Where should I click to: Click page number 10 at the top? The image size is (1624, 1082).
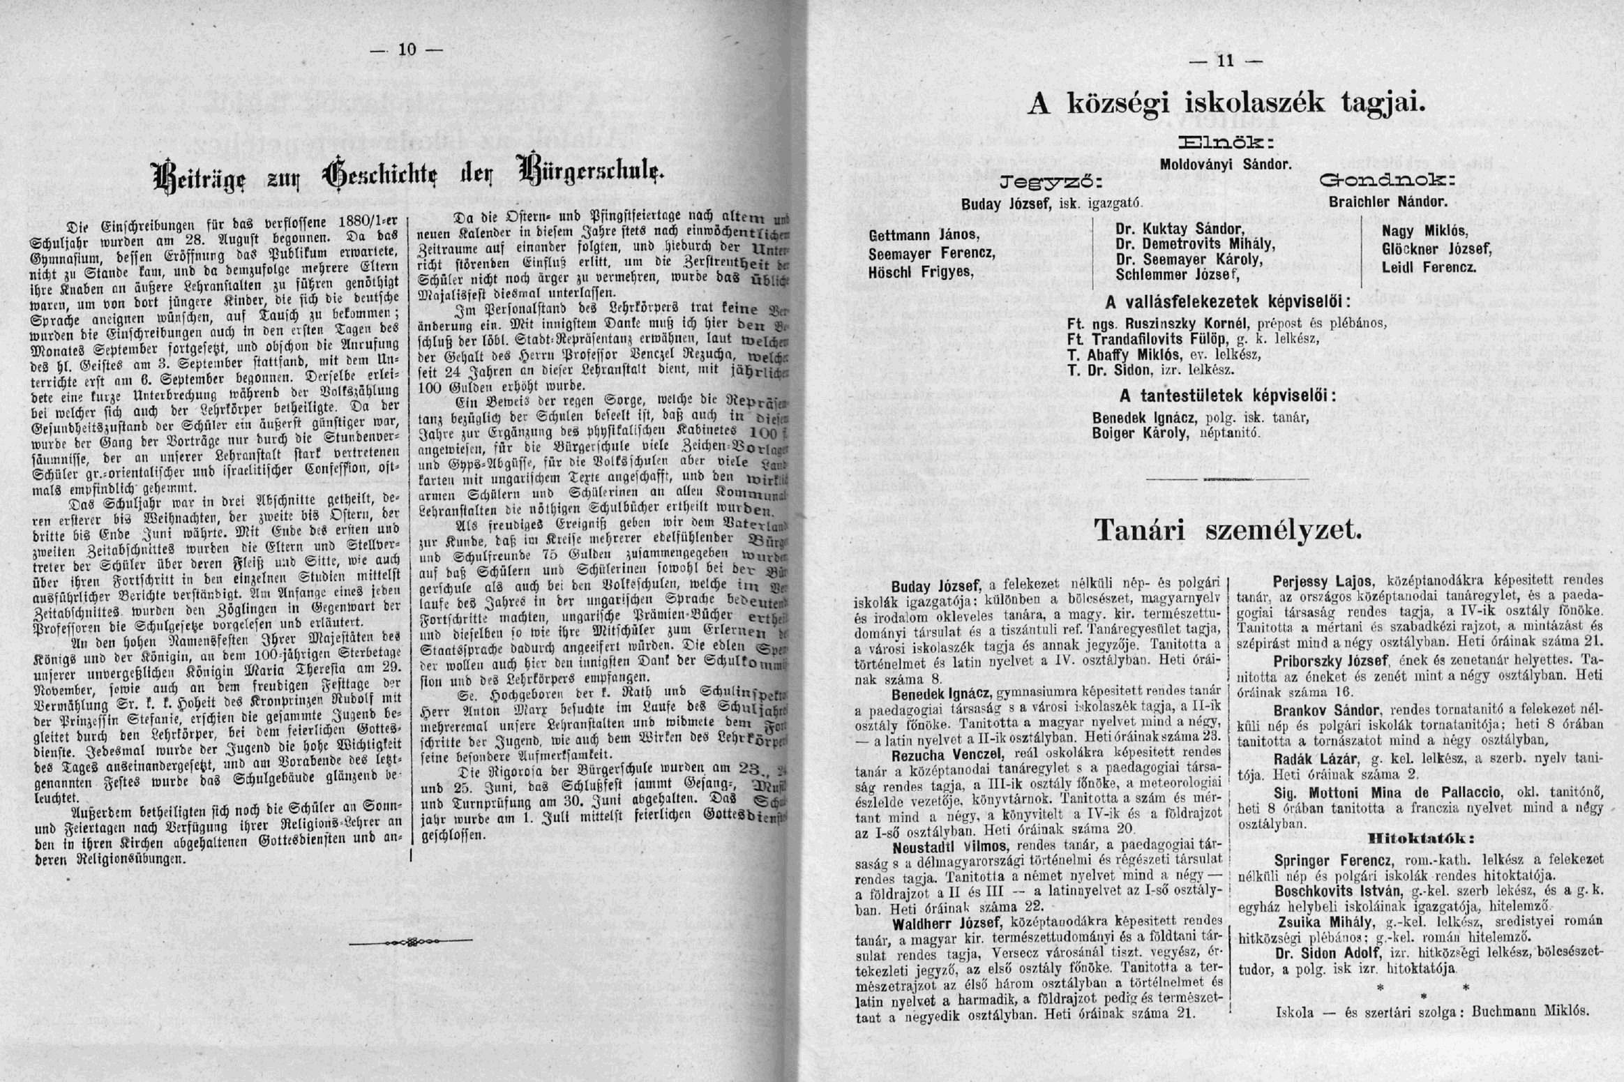[x=407, y=49]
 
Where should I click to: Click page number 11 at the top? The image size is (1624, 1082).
[x=1226, y=61]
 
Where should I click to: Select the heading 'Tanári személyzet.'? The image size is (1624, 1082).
[x=1227, y=531]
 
